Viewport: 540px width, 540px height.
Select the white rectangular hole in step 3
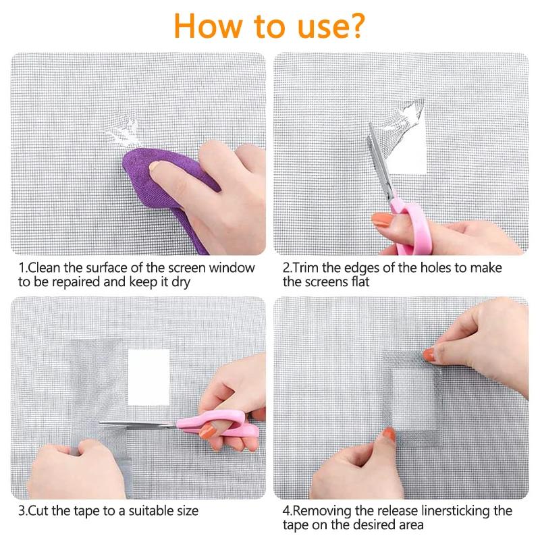click(151, 377)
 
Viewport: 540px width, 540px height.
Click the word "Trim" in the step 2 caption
click(306, 267)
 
